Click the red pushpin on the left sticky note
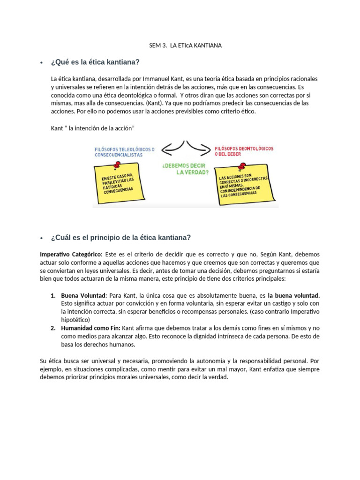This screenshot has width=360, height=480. click(x=117, y=165)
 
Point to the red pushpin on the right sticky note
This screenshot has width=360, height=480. click(x=242, y=166)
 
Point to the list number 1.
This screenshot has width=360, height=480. click(x=53, y=296)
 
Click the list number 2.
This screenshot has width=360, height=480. click(x=53, y=328)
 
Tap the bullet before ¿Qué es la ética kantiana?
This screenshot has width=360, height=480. click(x=42, y=63)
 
